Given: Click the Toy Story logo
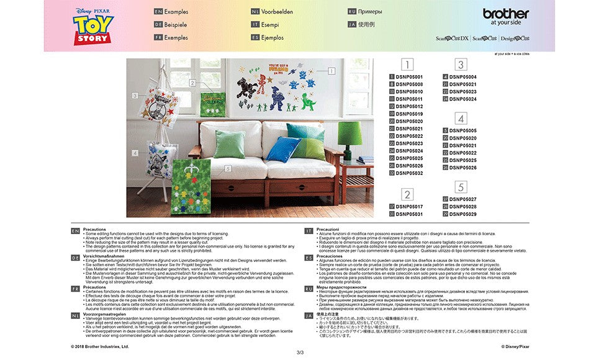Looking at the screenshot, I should click(x=93, y=27).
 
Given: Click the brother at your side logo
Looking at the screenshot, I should click(x=506, y=16).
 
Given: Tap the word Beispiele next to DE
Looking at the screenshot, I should click(x=176, y=25).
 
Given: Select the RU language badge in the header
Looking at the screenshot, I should click(x=352, y=12).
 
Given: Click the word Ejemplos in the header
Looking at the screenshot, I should click(x=272, y=37).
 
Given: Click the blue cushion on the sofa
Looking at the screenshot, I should click(x=284, y=149).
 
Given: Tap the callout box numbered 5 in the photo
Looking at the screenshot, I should click(x=228, y=168).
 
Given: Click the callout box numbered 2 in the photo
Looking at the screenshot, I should click(x=193, y=83).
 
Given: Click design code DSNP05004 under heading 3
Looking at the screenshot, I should click(x=463, y=77).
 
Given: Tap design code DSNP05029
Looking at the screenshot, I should click(x=463, y=214).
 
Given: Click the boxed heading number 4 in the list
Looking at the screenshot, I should click(x=461, y=119).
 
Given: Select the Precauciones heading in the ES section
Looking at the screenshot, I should click(x=330, y=256).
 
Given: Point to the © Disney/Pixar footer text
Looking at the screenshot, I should click(x=515, y=346).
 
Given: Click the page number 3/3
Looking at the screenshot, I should click(x=300, y=353).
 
